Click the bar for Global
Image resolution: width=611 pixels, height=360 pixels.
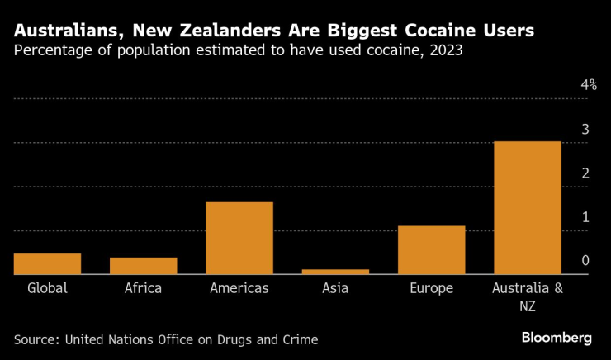pos(47,263)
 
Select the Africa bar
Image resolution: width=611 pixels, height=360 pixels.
pos(143,266)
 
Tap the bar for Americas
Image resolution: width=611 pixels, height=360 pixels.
pos(239,238)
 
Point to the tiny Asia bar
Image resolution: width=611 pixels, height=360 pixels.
pos(335,271)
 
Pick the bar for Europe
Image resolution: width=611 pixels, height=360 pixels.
pos(431,249)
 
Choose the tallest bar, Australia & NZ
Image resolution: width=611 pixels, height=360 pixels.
pos(527,207)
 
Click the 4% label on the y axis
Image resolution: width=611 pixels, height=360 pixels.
pos(589,85)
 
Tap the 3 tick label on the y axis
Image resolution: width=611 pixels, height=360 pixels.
pos(585,129)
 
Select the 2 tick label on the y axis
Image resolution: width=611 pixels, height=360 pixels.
pos(585,173)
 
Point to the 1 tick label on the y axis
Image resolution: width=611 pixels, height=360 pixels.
pos(585,216)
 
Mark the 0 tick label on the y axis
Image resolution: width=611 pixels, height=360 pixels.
pos(585,260)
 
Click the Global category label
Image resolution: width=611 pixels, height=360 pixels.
pos(47,288)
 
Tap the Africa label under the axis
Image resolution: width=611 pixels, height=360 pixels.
pos(143,288)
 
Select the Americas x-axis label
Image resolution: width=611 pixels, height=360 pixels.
pos(239,288)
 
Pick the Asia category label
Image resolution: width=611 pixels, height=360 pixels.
pos(335,288)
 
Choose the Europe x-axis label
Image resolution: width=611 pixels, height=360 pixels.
pos(431,288)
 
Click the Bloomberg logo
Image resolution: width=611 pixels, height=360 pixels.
pos(557,338)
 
